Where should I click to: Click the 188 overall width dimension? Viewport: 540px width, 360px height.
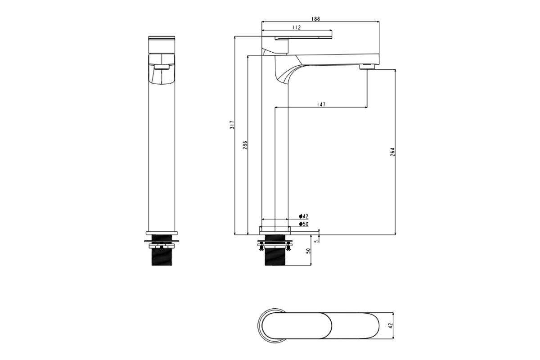click(315, 19)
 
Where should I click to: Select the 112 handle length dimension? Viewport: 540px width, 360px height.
click(297, 27)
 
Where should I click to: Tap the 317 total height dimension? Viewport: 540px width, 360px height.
click(232, 125)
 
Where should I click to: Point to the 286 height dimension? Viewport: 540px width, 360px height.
click(245, 145)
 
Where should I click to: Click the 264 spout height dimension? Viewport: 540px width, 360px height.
click(392, 152)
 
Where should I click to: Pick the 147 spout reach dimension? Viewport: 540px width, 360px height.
click(321, 104)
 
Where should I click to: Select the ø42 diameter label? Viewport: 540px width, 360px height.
click(303, 216)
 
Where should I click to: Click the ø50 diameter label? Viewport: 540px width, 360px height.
click(303, 224)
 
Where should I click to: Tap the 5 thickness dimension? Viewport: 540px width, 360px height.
click(317, 240)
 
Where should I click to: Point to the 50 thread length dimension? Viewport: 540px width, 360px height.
click(308, 251)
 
